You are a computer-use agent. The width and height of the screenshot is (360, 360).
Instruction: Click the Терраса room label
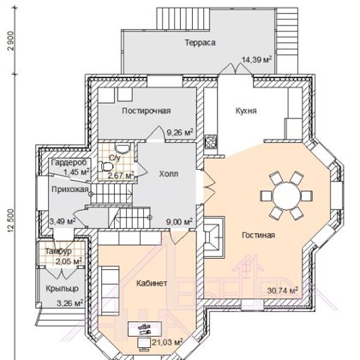[200, 43]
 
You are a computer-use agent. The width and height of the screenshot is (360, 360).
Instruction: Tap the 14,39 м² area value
[256, 59]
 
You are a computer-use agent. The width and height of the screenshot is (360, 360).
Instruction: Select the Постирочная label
[147, 111]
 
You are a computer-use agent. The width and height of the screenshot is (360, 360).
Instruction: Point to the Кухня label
[246, 111]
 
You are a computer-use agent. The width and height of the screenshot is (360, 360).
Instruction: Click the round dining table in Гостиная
[286, 195]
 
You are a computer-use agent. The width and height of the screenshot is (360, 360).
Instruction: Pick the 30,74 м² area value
[283, 291]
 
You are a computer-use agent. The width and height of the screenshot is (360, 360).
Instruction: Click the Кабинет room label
[152, 284]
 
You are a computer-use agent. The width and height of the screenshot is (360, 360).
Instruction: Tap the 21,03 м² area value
[167, 341]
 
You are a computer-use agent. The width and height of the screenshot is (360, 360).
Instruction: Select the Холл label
[169, 174]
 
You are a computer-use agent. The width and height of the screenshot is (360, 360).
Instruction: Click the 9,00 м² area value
[179, 221]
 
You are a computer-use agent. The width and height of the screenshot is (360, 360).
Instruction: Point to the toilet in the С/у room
[105, 166]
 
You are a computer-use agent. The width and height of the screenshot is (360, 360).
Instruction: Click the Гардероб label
[69, 163]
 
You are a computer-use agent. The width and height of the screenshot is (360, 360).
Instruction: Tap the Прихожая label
[70, 189]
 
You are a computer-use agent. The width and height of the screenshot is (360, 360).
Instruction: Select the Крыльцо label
[63, 289]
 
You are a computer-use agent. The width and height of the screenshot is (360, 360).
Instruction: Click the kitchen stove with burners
[210, 141]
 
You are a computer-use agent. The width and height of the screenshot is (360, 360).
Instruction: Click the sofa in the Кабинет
[109, 291]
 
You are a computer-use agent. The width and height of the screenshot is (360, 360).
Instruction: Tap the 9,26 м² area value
[180, 132]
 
